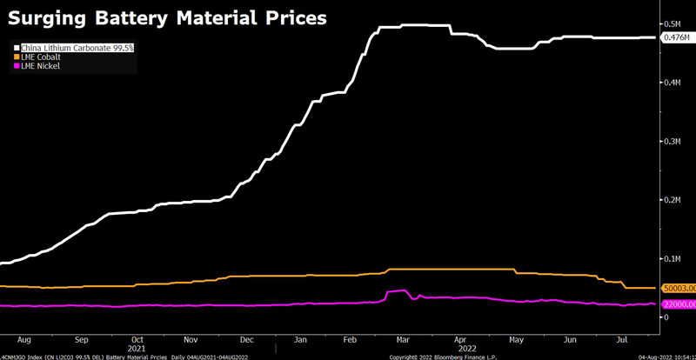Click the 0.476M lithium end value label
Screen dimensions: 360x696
[x=676, y=38]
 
